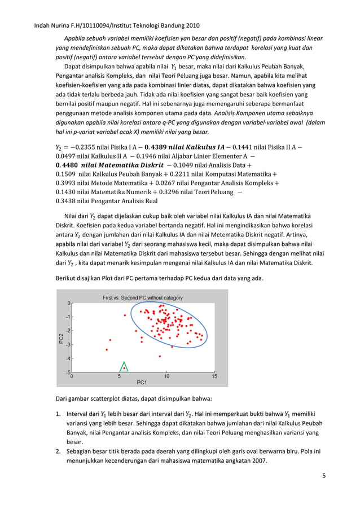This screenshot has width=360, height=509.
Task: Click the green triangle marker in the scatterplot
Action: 124,367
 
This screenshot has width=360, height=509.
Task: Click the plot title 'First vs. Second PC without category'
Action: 142,297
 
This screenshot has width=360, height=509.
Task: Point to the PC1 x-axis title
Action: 142,382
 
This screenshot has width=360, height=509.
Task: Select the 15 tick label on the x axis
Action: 214,376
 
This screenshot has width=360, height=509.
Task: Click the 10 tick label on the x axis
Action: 166,376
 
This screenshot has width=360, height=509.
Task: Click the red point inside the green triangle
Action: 124,368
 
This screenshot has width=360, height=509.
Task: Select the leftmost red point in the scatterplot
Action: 107,350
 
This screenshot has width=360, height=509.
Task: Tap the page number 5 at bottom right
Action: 324,476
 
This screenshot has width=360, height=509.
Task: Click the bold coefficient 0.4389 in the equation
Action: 156,147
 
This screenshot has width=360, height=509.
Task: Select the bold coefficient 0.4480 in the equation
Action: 69,165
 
